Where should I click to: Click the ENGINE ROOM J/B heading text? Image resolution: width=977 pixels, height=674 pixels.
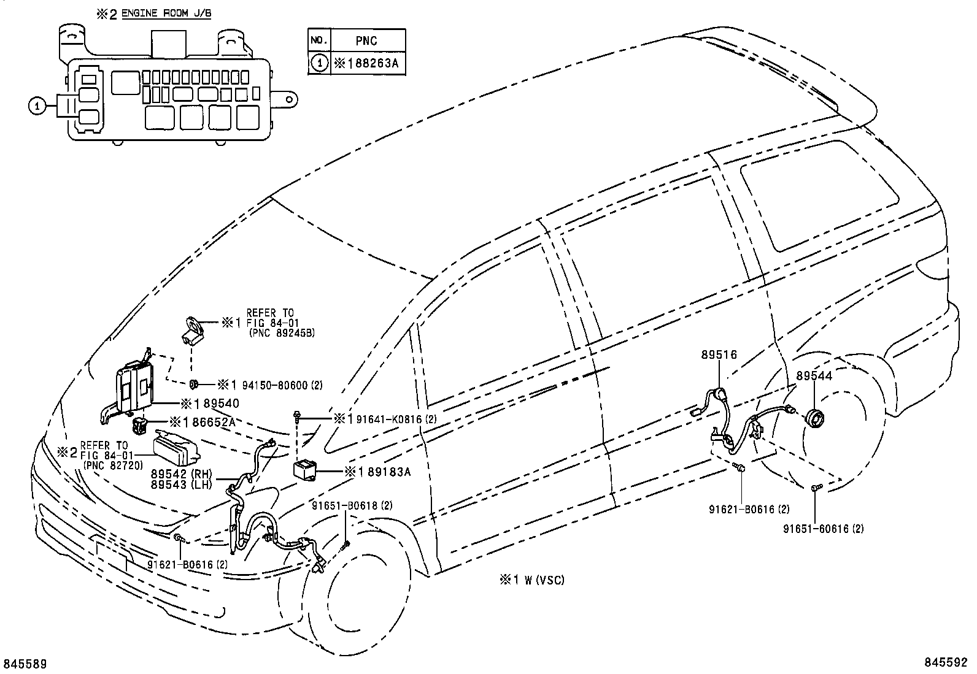(x=166, y=12)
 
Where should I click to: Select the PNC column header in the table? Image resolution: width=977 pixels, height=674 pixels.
(x=366, y=41)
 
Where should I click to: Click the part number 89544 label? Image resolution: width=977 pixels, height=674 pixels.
(x=814, y=376)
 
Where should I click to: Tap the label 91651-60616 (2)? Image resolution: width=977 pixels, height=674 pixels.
(x=824, y=528)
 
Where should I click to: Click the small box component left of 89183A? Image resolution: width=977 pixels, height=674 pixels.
(x=305, y=471)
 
